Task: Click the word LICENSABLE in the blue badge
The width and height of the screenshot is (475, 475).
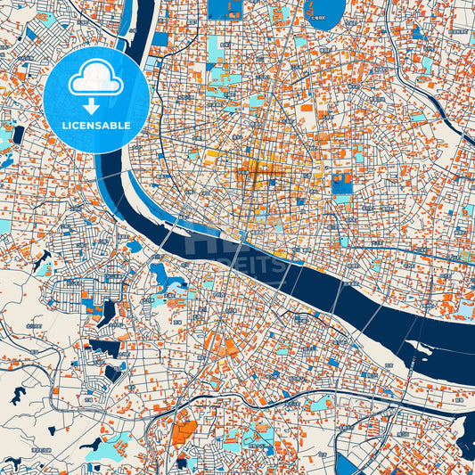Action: [96, 125]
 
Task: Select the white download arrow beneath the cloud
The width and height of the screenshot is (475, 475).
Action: [96, 105]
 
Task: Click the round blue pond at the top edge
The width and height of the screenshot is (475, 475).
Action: [324, 8]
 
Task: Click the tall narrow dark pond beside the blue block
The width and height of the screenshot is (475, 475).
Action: [108, 312]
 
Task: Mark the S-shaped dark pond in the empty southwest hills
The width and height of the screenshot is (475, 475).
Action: [19, 393]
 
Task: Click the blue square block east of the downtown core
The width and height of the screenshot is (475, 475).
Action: [341, 184]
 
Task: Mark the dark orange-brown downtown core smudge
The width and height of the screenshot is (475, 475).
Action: [254, 174]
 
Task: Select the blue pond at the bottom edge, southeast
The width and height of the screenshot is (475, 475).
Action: [348, 465]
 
